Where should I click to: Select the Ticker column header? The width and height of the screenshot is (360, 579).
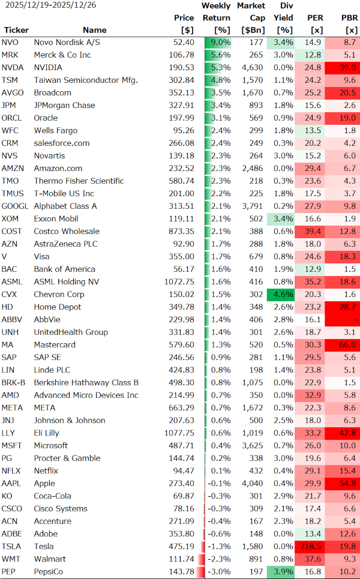[x=16, y=30]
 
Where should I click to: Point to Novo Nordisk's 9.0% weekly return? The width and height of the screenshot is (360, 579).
[x=221, y=42]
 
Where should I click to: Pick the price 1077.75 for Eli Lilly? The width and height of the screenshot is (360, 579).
[x=179, y=433]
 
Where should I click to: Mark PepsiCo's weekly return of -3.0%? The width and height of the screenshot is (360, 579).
[x=221, y=571]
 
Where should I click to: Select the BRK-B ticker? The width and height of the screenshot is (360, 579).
[x=13, y=382]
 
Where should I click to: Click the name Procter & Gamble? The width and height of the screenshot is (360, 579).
[x=67, y=458]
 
